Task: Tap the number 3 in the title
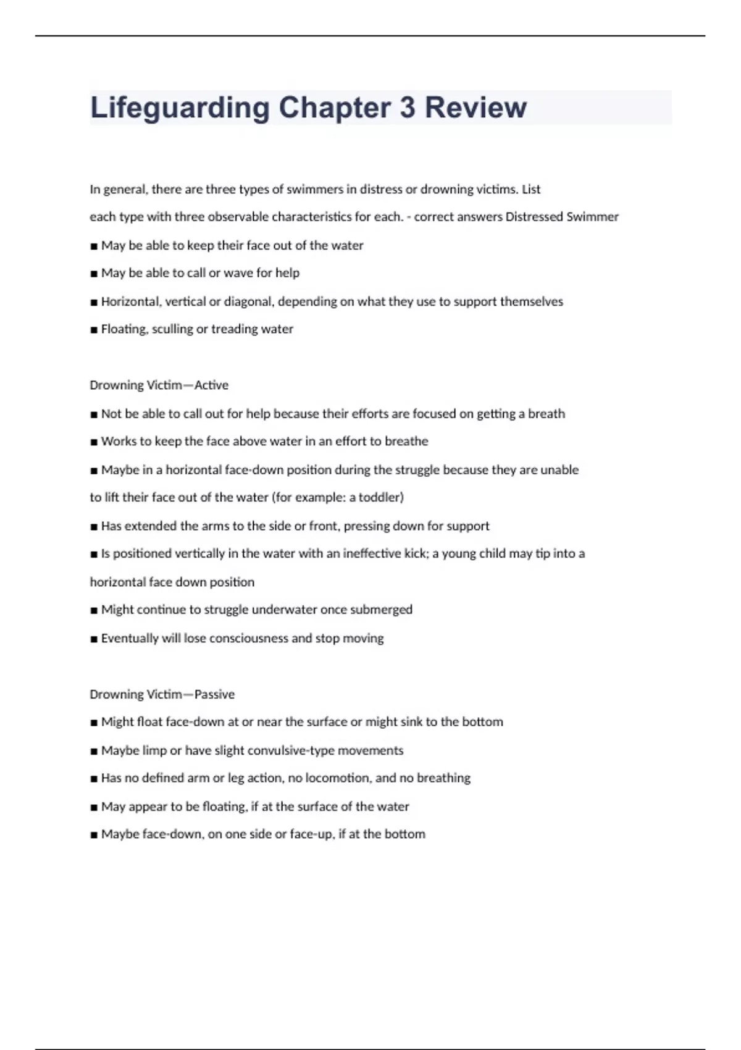click(407, 107)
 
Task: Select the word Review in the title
click(475, 107)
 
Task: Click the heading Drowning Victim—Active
click(159, 385)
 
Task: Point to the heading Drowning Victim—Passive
click(162, 694)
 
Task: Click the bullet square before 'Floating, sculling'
click(94, 330)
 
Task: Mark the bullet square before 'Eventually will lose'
click(94, 639)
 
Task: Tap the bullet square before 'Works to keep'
click(94, 442)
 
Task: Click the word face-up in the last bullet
click(312, 834)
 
